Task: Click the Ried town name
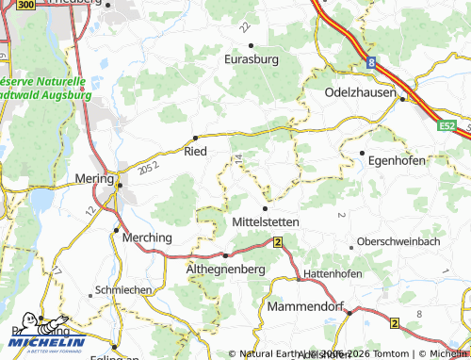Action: tap(195, 151)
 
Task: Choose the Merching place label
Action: tap(148, 238)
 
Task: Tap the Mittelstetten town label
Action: tap(265, 221)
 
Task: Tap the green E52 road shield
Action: tap(447, 124)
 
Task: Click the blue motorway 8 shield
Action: tap(373, 63)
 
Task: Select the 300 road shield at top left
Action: tap(26, 5)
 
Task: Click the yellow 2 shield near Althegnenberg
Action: tap(278, 242)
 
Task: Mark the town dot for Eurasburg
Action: tap(251, 45)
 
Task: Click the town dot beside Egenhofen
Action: tap(362, 153)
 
